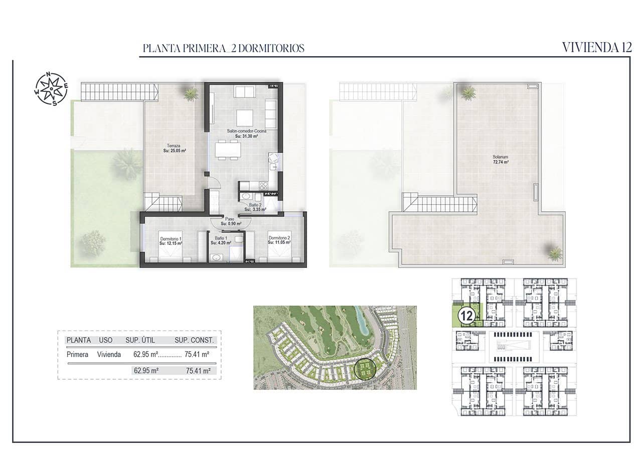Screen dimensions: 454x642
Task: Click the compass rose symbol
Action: click(51, 89)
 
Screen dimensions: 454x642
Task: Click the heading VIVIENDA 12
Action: click(596, 48)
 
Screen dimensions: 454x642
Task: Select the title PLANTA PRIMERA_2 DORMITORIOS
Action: click(224, 49)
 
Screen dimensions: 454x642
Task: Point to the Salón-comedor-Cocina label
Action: click(246, 133)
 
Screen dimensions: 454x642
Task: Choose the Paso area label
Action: click(230, 221)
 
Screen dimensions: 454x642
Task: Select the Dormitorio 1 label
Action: click(171, 240)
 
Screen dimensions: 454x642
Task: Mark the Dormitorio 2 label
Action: click(279, 240)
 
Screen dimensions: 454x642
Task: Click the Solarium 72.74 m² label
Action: click(500, 160)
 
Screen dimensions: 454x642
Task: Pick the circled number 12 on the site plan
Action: click(467, 316)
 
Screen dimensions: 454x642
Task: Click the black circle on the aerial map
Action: click(365, 369)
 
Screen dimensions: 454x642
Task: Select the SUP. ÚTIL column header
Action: click(140, 340)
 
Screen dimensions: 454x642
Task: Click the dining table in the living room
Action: click(227, 150)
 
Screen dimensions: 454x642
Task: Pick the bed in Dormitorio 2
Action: click(279, 251)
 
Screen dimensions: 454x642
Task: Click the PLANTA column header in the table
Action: click(78, 340)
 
